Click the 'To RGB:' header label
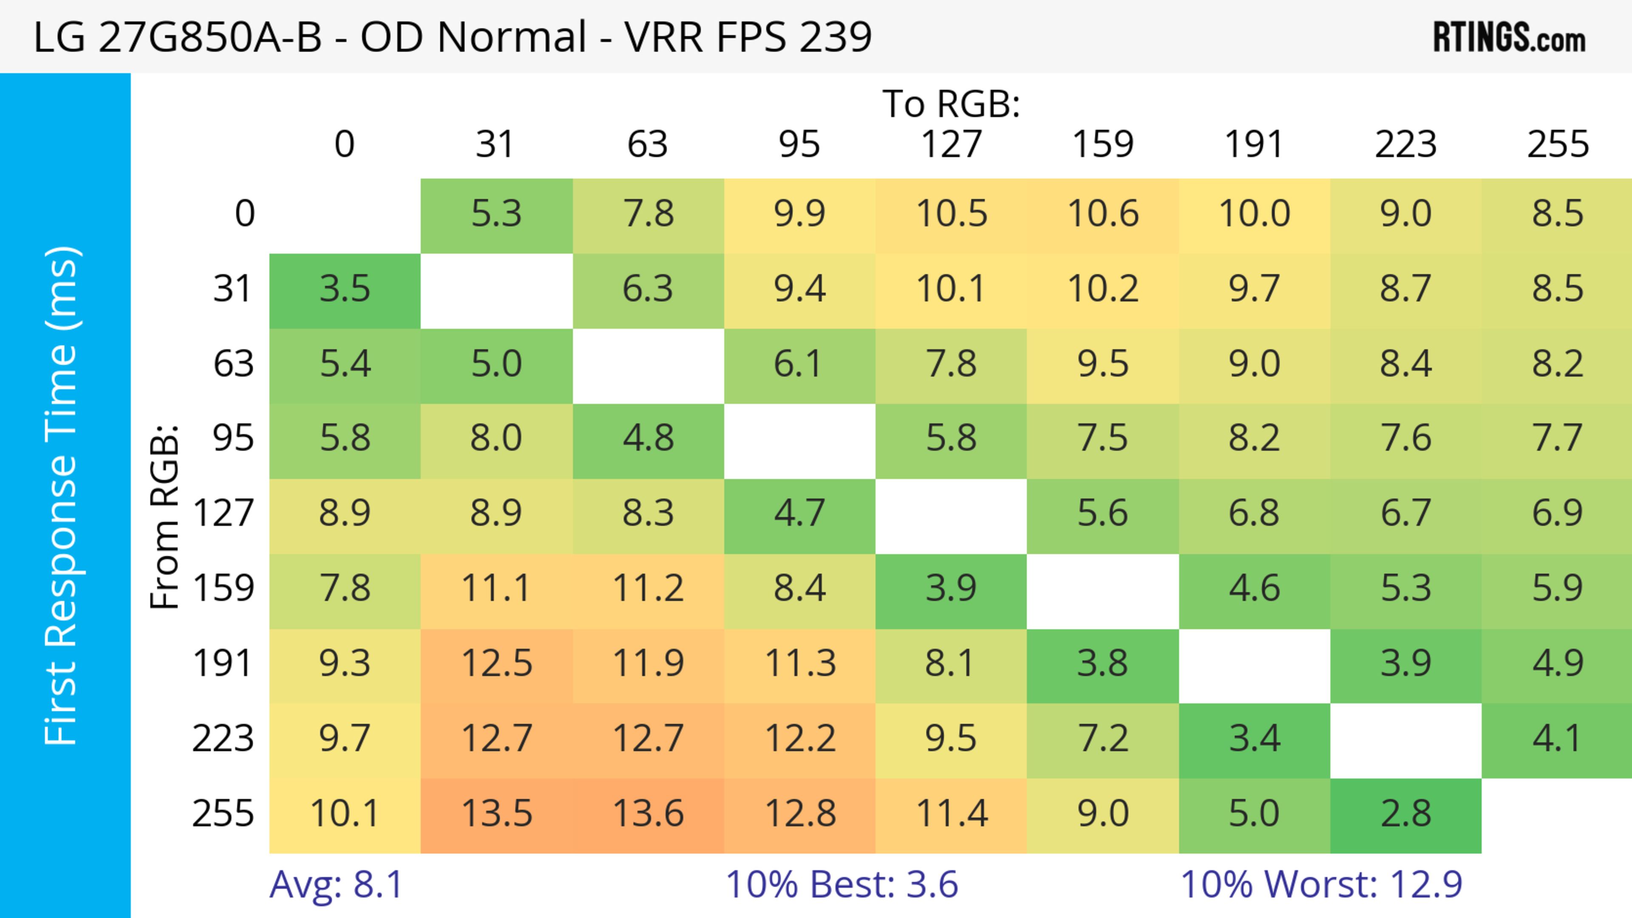(x=951, y=104)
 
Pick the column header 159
(x=1102, y=144)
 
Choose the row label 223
(x=223, y=739)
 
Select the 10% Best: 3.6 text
(x=841, y=884)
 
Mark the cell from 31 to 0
(x=345, y=289)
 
